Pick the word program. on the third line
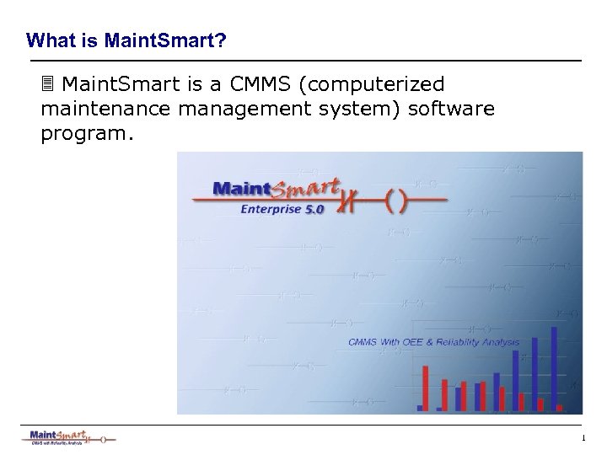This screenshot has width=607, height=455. pos(87,136)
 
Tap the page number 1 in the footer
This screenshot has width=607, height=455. pos(583,437)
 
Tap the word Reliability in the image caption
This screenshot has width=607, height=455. pos(466,341)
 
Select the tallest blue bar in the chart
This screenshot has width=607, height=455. pos(554,367)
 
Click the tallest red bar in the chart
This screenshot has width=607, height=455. pos(426,388)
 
